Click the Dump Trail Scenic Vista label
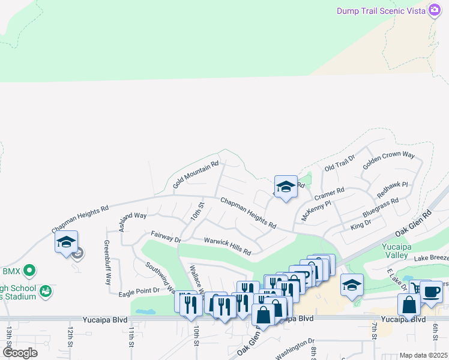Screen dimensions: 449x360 pos(380,11)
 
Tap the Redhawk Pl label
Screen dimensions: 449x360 pos(393,191)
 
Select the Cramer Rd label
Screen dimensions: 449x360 pos(329,196)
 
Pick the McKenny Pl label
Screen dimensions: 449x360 pos(316,211)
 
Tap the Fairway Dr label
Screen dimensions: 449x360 pos(166,237)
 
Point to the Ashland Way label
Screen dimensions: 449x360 pos(133,221)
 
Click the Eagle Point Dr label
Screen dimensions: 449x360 pos(138,290)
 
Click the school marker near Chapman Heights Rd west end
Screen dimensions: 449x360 pos(66,242)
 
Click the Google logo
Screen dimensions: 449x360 pos(20,352)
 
